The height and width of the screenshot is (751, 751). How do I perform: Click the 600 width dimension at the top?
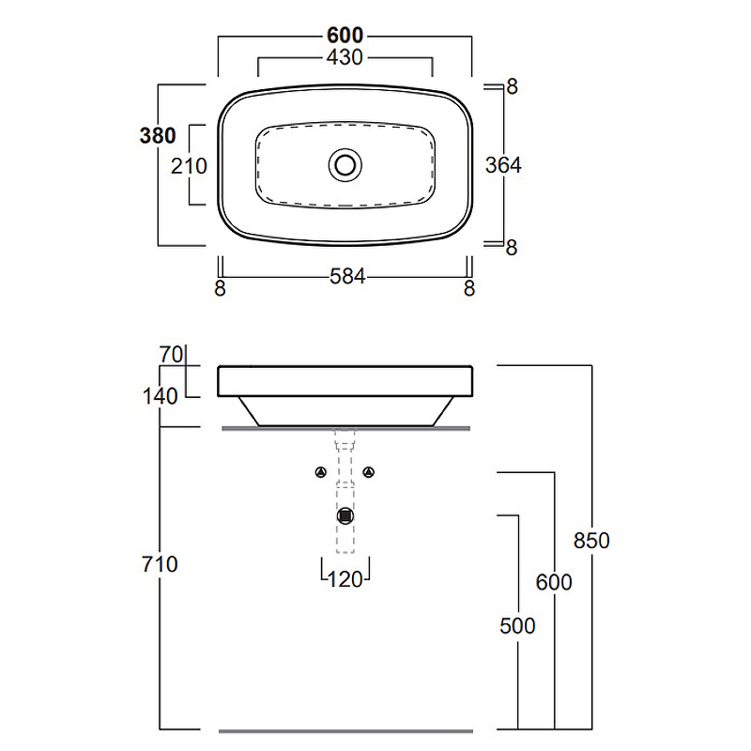coord(345,36)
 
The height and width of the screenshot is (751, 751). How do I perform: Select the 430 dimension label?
coord(345,57)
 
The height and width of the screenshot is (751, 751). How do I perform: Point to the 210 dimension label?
coord(189,165)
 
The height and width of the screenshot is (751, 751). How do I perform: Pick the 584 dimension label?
coord(345,278)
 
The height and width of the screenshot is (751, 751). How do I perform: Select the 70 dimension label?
coord(170,355)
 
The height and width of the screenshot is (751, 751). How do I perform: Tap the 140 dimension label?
coord(161,396)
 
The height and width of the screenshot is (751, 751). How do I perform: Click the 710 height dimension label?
coord(161,564)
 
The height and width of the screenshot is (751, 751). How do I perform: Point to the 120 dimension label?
coord(345,579)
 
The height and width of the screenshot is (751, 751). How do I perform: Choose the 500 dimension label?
coord(517,625)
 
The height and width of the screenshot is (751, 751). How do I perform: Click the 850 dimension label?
coord(592,541)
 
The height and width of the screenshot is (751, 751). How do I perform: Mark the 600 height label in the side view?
coord(554,582)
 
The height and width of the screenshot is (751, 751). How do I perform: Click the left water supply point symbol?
coord(321,471)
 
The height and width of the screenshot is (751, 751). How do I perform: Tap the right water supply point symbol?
coord(369,471)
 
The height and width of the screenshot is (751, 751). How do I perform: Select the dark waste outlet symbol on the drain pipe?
coord(345,514)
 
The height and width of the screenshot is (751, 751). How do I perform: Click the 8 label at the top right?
coord(513,87)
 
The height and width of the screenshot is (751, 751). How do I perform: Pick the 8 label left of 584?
coord(221,288)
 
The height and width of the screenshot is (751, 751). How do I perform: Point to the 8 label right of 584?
coord(469,288)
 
